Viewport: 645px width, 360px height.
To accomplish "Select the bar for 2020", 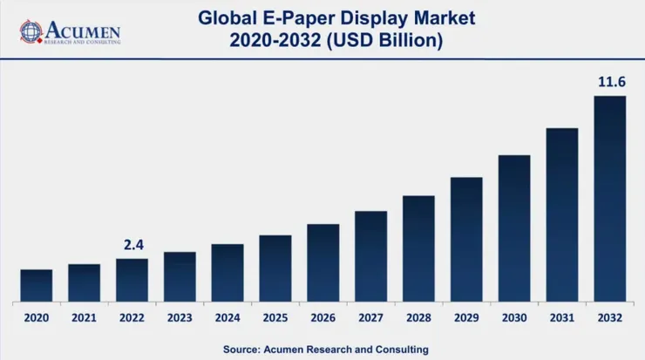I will tap(37, 286).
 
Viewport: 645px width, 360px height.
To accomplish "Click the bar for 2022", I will tap(132, 280).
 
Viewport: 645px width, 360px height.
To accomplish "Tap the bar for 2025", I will tap(275, 268).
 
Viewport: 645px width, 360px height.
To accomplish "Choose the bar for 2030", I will tap(514, 228).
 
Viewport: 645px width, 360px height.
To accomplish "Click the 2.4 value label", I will tap(132, 245).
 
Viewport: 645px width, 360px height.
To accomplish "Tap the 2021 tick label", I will tap(85, 318).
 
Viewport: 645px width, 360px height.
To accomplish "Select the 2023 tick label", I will tap(180, 318).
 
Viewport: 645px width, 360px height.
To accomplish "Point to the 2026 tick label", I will tap(323, 318).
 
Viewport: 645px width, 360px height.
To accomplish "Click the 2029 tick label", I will tap(466, 318).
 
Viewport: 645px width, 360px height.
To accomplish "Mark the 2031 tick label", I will tap(562, 318).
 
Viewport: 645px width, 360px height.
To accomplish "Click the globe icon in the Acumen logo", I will tap(31, 32).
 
